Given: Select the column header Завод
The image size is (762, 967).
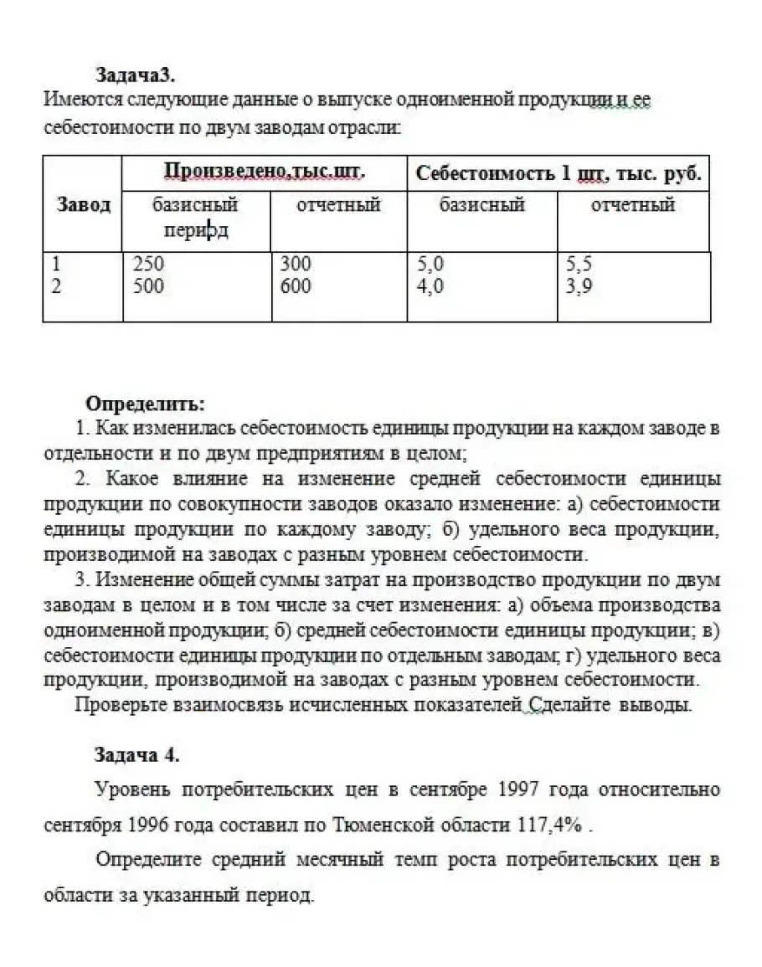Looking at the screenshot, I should [83, 204].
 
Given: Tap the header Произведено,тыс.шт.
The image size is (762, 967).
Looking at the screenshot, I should [265, 172].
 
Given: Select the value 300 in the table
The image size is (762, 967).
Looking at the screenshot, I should [295, 264].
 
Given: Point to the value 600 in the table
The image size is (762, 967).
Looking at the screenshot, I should [295, 286].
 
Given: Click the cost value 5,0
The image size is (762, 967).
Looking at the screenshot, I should [430, 264].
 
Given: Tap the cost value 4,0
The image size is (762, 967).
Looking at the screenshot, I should [430, 286].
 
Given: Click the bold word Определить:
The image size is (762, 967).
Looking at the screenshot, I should [146, 404].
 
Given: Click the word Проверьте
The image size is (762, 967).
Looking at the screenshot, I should [116, 704].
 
